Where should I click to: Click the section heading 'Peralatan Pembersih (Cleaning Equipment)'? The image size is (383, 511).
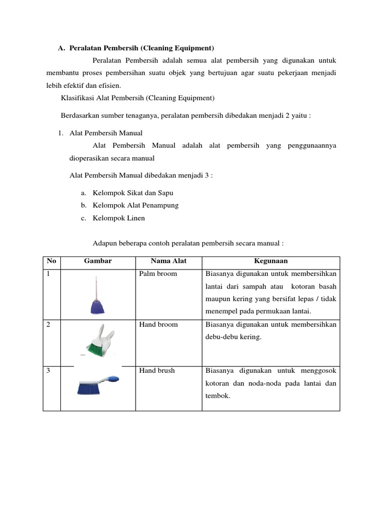point(142,48)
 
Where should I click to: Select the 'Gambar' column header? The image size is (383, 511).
point(98,261)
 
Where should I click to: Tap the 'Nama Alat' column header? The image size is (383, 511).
point(169,261)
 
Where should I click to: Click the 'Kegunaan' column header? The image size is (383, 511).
point(271,261)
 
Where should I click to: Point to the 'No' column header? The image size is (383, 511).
point(51,261)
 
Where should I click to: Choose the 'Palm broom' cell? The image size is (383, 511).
point(158,274)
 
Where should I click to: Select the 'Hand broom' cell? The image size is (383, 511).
point(158,325)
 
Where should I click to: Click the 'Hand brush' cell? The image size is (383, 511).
point(157,371)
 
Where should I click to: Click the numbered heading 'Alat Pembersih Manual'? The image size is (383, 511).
point(106,133)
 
